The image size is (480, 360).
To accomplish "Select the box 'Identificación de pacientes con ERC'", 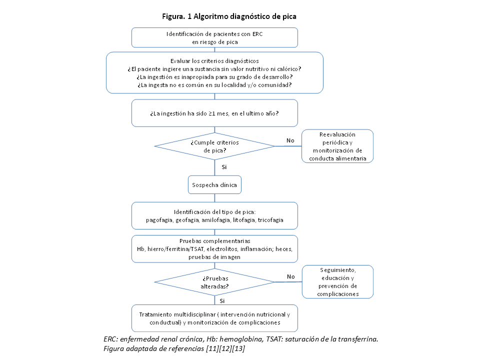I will pos(214,37).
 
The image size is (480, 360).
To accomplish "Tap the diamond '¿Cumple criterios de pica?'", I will pos(214,146).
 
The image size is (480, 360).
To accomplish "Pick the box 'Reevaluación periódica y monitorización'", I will pos(337,146).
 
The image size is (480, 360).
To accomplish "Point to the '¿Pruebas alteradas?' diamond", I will pos(214,282).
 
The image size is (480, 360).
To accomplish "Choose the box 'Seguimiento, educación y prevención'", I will pos(337,281).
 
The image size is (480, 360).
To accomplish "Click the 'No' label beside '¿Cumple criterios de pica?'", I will pos(290,140).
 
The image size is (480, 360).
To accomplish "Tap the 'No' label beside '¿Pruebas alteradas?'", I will pos(290,276).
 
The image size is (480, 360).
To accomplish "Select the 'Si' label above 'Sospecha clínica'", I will pos(224,166).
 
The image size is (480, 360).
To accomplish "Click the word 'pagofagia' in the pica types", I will pos(159,220).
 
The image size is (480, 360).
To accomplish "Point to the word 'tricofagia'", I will pos(269,220).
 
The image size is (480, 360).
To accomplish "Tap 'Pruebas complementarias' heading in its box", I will pos(214,241).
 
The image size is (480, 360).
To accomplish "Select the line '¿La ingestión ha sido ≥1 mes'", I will pos(214,113).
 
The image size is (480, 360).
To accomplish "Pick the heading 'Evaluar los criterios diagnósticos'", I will pos(214,60).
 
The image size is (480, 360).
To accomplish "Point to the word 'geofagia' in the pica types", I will pos(186,220).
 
